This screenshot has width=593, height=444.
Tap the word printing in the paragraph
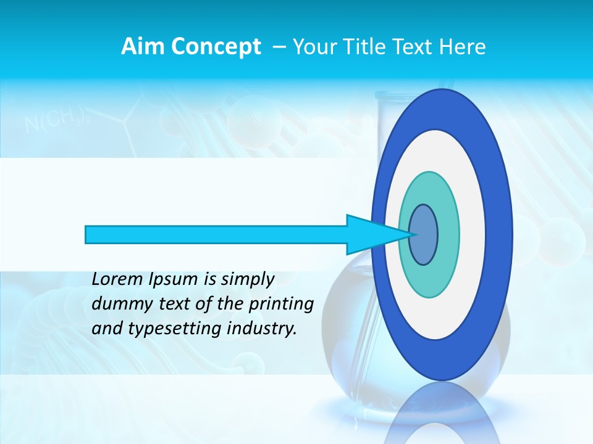click(x=281, y=305)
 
